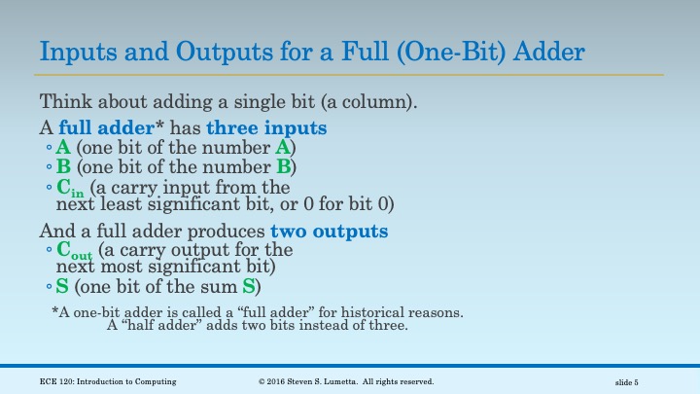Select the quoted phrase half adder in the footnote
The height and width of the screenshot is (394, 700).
165,326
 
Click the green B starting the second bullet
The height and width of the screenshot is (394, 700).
63,166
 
